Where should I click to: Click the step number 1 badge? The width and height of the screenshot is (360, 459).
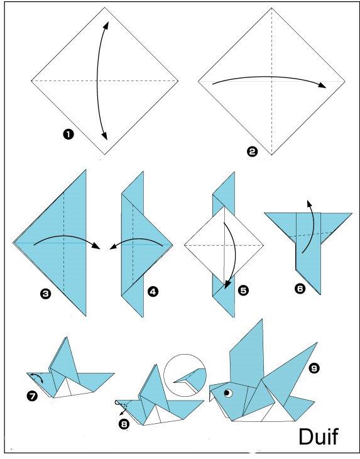click(x=68, y=135)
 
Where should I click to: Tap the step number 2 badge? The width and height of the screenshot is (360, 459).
click(x=252, y=152)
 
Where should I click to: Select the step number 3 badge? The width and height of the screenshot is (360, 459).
click(x=46, y=293)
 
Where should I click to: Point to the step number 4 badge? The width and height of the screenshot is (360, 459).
click(x=153, y=291)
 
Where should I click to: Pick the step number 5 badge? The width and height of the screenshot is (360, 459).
click(x=243, y=290)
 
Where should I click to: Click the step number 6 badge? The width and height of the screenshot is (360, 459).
click(x=300, y=289)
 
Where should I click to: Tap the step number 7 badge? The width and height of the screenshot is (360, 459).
click(x=32, y=396)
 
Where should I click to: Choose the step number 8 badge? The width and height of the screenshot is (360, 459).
click(x=124, y=424)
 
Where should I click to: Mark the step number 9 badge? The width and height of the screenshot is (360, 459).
click(x=314, y=368)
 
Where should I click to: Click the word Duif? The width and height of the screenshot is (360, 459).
click(x=319, y=436)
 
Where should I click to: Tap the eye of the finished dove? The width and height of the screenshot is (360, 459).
click(x=228, y=393)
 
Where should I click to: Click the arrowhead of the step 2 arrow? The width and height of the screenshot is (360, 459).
click(x=322, y=85)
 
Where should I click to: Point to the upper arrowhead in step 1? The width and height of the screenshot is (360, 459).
click(x=106, y=26)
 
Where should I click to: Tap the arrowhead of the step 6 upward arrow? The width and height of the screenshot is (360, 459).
click(x=308, y=204)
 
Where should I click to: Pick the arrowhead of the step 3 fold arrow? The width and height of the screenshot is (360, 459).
click(x=95, y=246)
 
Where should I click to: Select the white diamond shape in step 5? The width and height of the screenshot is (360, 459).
click(x=224, y=245)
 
